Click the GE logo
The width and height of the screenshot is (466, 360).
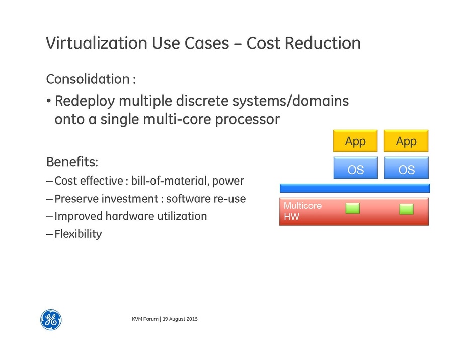51,320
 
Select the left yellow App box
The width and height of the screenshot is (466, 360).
355,141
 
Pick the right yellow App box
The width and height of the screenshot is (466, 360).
406,141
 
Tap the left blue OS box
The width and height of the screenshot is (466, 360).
355,168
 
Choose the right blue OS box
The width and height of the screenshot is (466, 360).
406,168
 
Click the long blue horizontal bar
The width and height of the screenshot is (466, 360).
355,188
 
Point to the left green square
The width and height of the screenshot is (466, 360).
353,208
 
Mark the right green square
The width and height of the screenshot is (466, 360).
406,209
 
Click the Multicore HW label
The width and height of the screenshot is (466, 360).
302,211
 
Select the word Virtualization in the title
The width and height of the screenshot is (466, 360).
97,43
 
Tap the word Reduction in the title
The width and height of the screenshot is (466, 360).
323,43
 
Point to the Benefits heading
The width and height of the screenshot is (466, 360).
72,162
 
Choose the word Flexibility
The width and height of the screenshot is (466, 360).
78,234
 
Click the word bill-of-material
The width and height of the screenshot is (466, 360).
170,181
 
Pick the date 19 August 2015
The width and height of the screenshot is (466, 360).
180,319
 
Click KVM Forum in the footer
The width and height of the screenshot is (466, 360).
145,319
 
